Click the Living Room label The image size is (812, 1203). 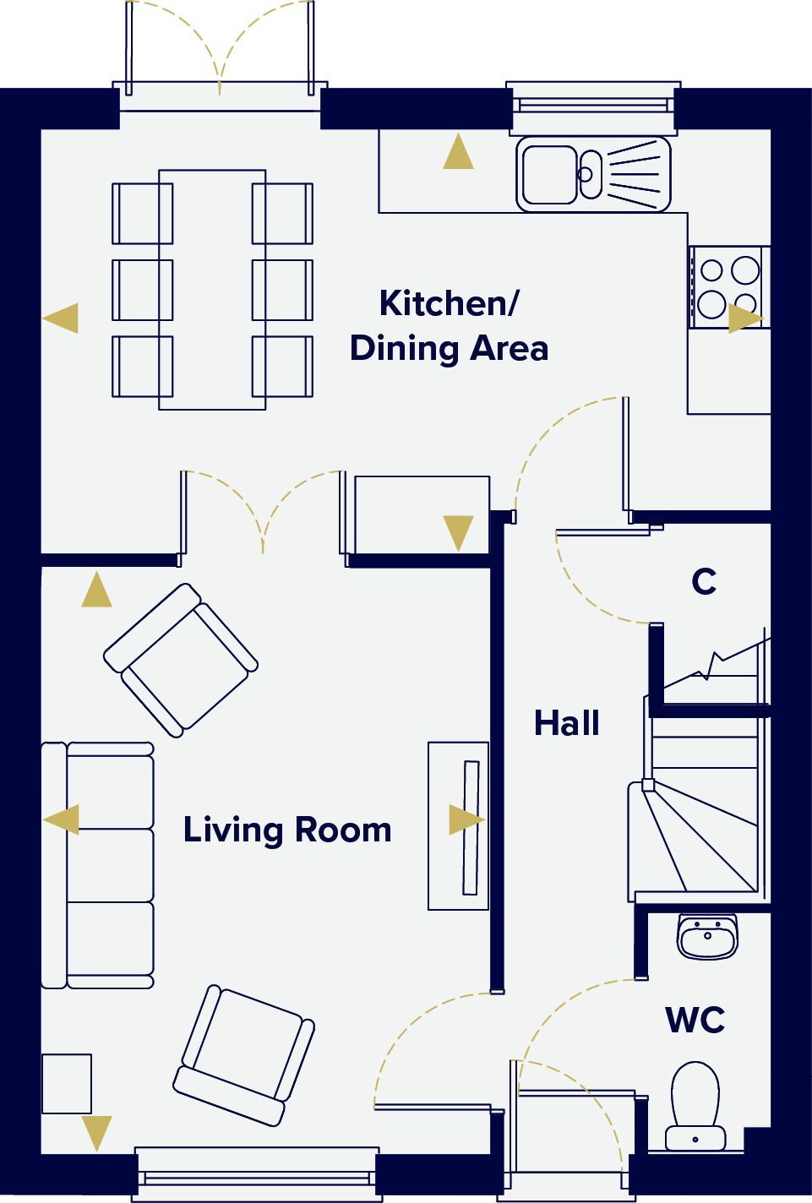[287, 830]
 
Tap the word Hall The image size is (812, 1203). [567, 723]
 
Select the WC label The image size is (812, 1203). [695, 1020]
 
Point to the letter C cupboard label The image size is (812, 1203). [704, 581]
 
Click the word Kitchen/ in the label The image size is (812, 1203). [450, 303]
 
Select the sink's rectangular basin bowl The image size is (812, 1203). [549, 175]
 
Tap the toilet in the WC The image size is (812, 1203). [695, 1106]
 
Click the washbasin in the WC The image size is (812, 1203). [707, 937]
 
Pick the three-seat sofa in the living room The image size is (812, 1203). [98, 865]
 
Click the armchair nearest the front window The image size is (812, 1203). [244, 1055]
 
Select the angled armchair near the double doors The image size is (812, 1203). [181, 660]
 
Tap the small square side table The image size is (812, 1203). [67, 1084]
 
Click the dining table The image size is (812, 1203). [212, 290]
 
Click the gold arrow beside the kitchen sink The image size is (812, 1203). [458, 151]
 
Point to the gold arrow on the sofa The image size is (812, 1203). [61, 819]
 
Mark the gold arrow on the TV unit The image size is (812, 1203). [466, 819]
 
